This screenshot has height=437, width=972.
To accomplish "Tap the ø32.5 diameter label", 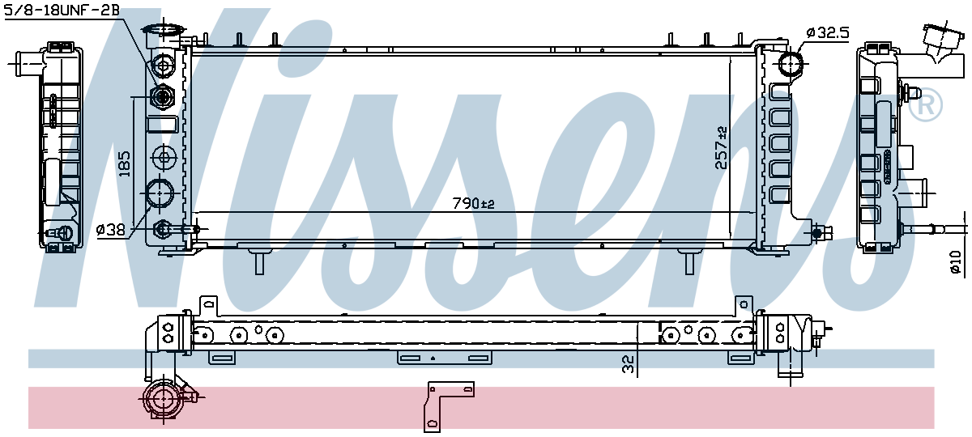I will tap(827, 33).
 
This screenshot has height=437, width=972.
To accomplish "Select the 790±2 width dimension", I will tap(475, 204).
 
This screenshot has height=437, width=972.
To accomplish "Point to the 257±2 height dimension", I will tap(721, 148).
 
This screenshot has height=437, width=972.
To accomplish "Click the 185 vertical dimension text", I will tap(124, 163).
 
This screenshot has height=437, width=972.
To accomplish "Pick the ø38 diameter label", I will tap(111, 230).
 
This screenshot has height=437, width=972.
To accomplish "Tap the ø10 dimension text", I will tap(956, 262).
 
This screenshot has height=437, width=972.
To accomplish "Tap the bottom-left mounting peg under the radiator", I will tap(260, 262).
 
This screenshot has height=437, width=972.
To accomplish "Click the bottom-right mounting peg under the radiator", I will tap(689, 262).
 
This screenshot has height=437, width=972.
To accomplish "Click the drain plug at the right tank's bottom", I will tap(825, 234).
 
